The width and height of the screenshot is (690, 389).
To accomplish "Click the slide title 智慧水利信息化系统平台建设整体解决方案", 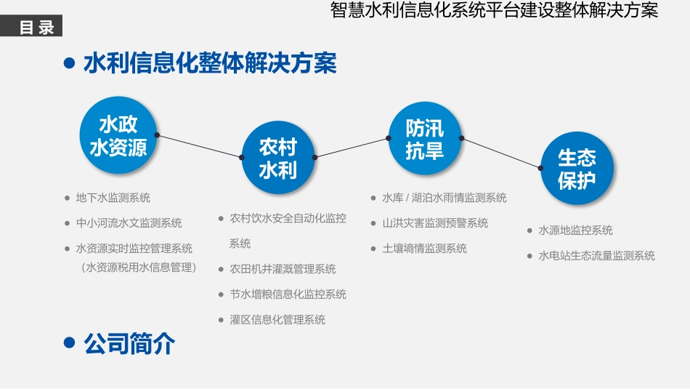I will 493,11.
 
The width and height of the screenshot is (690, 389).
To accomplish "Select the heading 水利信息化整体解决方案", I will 210,63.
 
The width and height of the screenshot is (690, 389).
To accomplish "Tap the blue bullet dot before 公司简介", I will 70,343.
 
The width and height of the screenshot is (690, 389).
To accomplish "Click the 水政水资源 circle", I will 118,137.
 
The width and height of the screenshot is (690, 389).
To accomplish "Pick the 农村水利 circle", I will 278,159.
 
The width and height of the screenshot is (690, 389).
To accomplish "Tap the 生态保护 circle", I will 577,169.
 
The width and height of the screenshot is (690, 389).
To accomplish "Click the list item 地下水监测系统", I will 113,198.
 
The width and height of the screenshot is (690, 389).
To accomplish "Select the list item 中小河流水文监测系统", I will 129,223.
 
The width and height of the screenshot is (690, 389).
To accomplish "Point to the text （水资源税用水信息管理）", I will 139,267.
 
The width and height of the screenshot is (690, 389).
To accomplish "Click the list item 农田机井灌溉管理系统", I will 283,269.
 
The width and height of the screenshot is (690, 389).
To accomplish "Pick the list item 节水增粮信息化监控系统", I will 288,294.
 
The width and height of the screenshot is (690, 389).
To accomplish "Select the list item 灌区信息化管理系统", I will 277,320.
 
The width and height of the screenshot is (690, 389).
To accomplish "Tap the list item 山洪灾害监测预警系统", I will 435,223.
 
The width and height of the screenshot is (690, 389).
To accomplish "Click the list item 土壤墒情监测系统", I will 424,249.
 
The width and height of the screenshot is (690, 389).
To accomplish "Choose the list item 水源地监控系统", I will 575,230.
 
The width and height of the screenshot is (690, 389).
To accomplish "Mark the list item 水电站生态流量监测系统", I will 596,256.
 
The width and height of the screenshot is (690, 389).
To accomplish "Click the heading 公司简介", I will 129,343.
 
